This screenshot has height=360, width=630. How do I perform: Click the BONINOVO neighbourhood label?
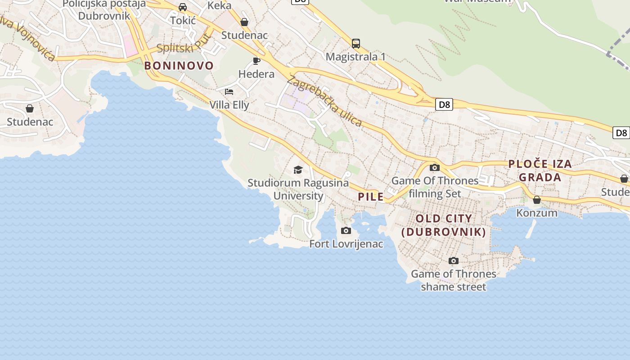(x=179, y=66)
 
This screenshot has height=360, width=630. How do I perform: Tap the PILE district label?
(x=371, y=197)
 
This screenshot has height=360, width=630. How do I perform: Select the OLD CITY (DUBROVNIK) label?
(x=444, y=225)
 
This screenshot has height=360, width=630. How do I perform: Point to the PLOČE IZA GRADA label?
(x=540, y=170)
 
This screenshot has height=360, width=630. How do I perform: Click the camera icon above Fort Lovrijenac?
(x=346, y=231)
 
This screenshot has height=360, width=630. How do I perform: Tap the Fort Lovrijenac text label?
(x=346, y=244)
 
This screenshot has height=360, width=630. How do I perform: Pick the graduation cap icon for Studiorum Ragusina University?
(x=298, y=170)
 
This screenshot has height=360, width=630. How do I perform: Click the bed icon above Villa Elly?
(x=229, y=92)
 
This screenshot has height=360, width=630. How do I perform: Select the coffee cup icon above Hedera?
(x=256, y=61)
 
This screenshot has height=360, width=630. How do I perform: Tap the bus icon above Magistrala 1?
(x=355, y=44)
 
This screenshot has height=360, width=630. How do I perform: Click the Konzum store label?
(x=536, y=212)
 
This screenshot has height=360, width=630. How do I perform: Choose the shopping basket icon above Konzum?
(x=536, y=200)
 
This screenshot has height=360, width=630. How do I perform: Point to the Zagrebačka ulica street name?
(x=324, y=101)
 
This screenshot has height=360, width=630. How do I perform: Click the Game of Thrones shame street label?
(x=453, y=280)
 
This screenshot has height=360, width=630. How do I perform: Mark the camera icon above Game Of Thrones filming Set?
(x=434, y=168)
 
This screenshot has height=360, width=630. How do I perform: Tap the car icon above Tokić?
(x=183, y=7)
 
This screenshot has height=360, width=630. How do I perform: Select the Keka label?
(x=219, y=5)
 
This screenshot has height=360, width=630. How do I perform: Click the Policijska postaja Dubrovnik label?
(x=104, y=9)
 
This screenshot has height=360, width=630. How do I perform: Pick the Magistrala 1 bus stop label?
(x=355, y=57)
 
